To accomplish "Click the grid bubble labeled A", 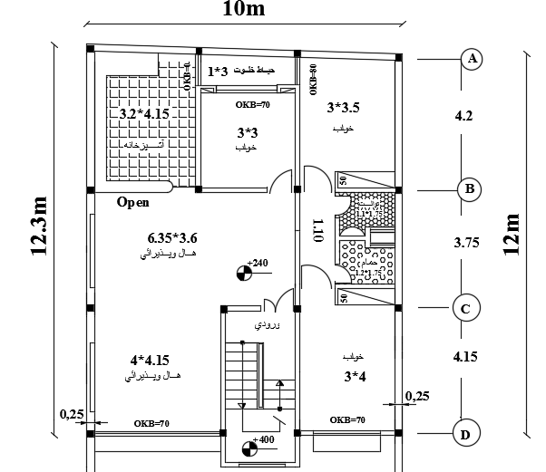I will tap(471, 59).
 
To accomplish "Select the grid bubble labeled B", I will tap(470, 189).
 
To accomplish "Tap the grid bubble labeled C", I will tap(465, 309).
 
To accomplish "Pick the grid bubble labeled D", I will tap(465, 436).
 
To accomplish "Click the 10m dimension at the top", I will tap(244, 11).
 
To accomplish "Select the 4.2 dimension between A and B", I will tap(463, 116).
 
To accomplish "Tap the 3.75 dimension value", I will tap(465, 243).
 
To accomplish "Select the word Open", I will tap(132, 203).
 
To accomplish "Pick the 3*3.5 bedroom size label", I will tap(343, 109).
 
